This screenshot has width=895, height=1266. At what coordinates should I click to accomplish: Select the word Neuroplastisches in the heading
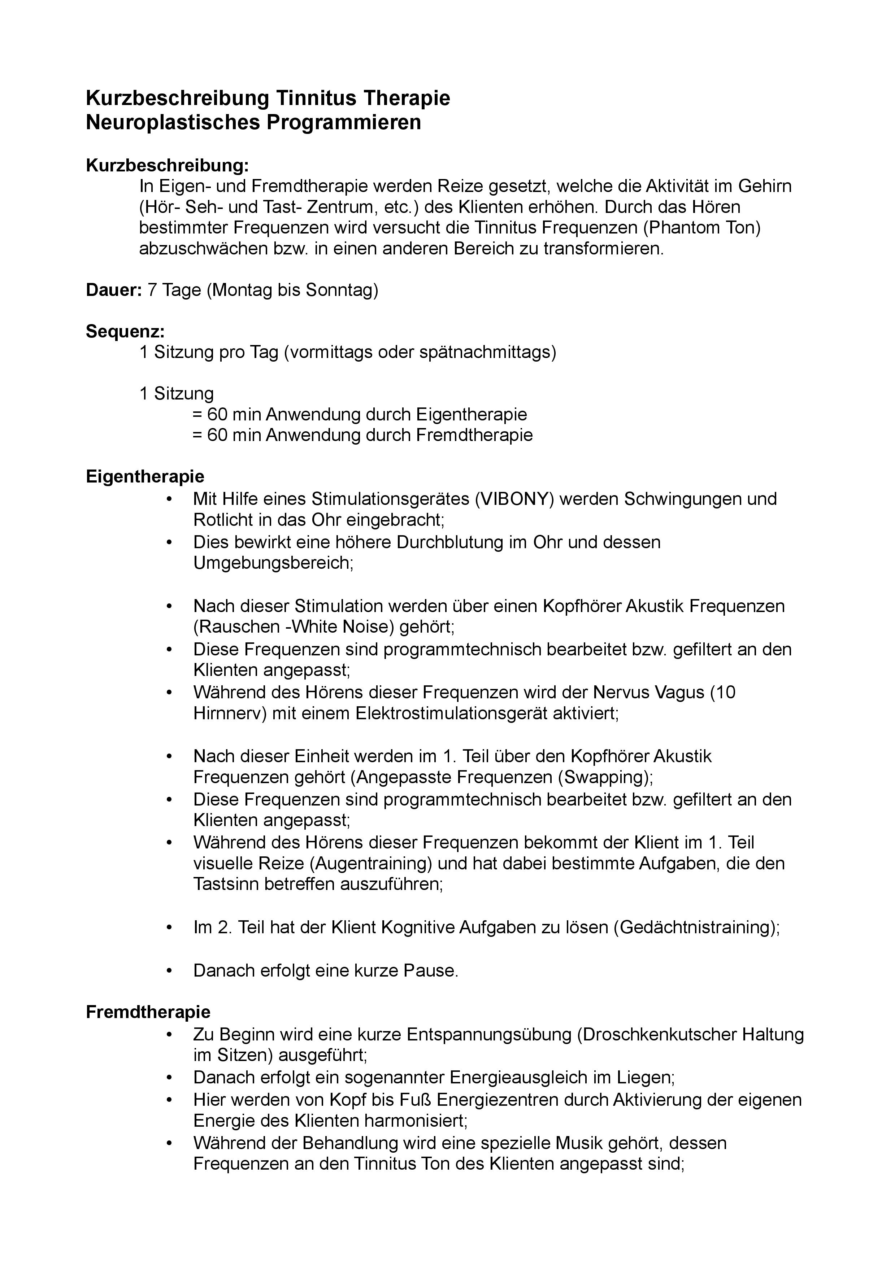pyautogui.click(x=173, y=122)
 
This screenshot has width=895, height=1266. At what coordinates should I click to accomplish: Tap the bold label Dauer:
pyautogui.click(x=114, y=290)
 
